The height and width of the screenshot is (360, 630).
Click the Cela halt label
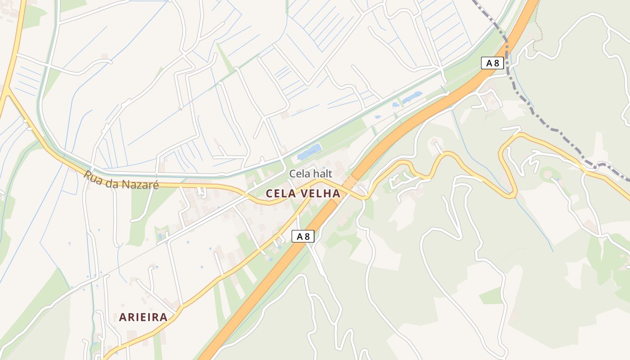pyautogui.click(x=310, y=173)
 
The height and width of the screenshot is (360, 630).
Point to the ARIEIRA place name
pyautogui.click(x=143, y=317)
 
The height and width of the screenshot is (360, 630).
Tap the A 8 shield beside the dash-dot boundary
pyautogui.click(x=492, y=63)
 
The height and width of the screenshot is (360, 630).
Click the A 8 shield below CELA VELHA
pyautogui.click(x=302, y=236)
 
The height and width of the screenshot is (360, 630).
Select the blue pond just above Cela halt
pyautogui.click(x=309, y=152)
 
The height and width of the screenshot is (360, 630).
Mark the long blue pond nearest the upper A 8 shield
pyautogui.click(x=412, y=97)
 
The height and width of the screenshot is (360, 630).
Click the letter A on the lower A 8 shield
pyautogui.click(x=298, y=236)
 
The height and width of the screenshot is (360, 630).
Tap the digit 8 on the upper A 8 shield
pyautogui.click(x=496, y=63)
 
